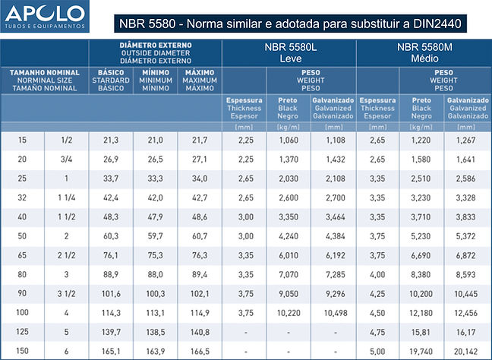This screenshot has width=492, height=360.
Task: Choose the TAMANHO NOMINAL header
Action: pyautogui.click(x=44, y=80)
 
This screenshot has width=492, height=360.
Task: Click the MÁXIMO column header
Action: pyautogui.click(x=200, y=80)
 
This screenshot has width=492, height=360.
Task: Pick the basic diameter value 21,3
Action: pyautogui.click(x=111, y=141)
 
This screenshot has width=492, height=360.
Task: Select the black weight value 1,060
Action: pyautogui.click(x=289, y=141)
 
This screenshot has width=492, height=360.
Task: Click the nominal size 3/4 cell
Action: pyautogui.click(x=67, y=159)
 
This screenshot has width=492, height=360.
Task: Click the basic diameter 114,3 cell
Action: pyautogui.click(x=111, y=313)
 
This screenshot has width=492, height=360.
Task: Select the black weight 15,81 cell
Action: pyautogui.click(x=422, y=332)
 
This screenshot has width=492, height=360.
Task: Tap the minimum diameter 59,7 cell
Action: pyautogui.click(x=155, y=236)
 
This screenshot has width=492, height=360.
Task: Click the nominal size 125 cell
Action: pyautogui.click(x=22, y=332)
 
